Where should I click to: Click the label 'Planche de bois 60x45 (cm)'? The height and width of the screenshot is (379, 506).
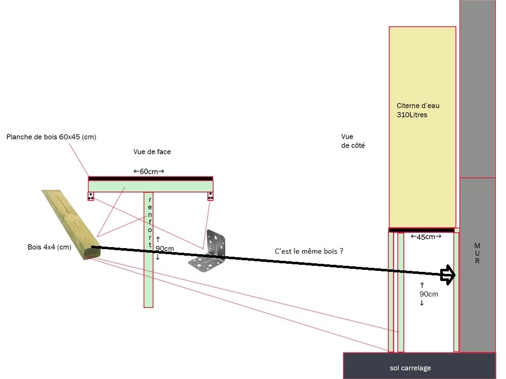pos(51,137)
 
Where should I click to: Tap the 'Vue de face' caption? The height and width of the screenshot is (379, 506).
pos(155,152)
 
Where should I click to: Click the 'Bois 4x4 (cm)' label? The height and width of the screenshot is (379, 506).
pos(49,247)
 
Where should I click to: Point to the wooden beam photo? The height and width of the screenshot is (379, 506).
pos(70,224)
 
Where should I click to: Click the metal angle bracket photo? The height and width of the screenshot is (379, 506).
pos(210,251)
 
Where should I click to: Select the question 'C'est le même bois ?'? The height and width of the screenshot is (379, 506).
pos(309,251)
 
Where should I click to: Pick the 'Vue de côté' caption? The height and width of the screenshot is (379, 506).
pos(353,141)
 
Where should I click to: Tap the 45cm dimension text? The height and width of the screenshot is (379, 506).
pos(426,236)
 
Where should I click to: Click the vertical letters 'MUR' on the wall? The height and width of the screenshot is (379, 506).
pos(477,253)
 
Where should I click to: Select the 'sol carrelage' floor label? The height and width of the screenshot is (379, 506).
pos(410,368)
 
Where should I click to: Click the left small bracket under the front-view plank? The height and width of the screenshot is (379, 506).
pos(91,196)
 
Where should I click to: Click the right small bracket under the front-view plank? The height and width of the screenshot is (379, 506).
pos(210,196)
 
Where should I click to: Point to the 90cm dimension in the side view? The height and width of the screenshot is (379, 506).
pos(421,294)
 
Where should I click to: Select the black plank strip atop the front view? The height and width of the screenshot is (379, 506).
pos(150,178)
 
